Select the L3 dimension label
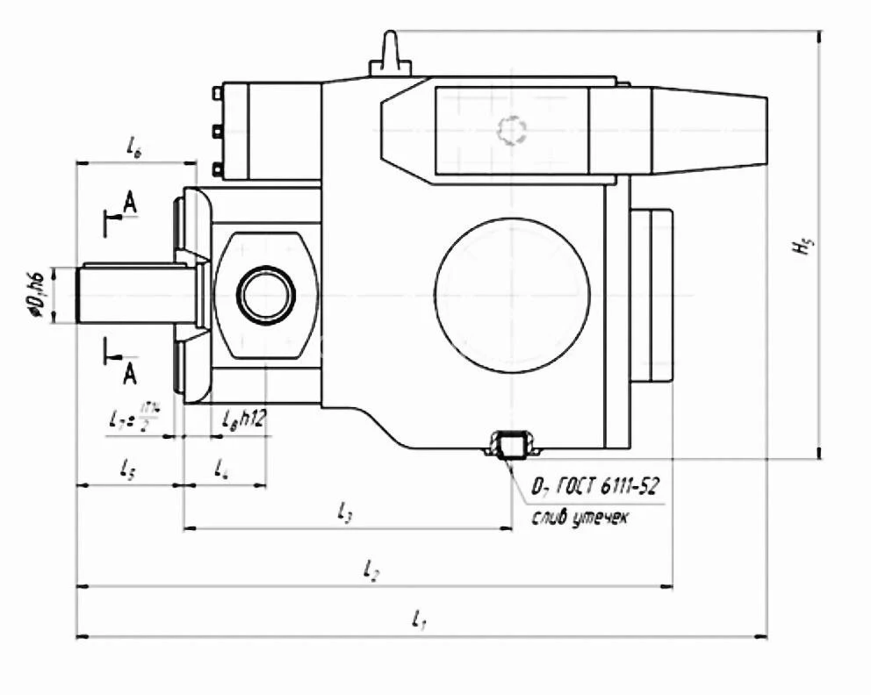pyautogui.click(x=345, y=514)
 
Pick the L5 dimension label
pyautogui.click(x=127, y=469)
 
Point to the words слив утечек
pyautogui.click(x=579, y=518)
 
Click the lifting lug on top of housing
pyautogui.click(x=388, y=54)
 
